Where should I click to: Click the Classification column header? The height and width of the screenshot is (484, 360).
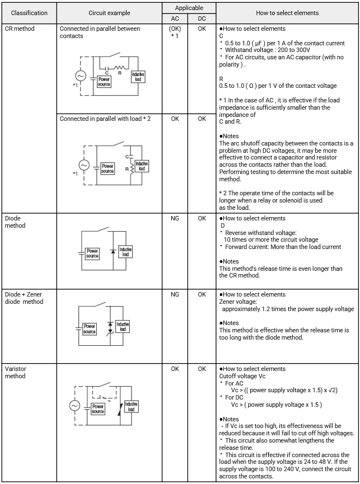coord(29,13)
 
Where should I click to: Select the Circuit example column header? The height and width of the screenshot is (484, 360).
coord(109,13)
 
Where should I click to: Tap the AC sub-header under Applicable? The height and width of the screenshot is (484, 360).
coord(175,18)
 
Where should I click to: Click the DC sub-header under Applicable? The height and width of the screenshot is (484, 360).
coord(202,18)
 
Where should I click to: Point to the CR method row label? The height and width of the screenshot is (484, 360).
coord(20,29)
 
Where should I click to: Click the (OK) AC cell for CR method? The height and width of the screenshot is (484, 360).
coord(175,29)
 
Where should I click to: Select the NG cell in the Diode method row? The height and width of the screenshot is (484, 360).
coord(175,219)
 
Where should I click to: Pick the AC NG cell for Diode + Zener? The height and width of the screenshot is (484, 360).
coord(175,294)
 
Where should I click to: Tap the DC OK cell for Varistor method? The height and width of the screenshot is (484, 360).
coord(202,369)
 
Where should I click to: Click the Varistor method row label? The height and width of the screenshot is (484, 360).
coord(16,372)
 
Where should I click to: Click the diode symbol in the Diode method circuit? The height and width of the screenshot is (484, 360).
coord(113,251)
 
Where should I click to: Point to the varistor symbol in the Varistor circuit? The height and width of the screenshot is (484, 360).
coord(120,409)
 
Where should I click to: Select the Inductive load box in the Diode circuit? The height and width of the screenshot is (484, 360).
coord(125,252)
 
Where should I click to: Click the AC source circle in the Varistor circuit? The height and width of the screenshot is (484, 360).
coord(74,406)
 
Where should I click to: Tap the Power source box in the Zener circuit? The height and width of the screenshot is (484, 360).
coord(89,329)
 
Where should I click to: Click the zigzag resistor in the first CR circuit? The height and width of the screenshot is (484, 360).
coord(119,68)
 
